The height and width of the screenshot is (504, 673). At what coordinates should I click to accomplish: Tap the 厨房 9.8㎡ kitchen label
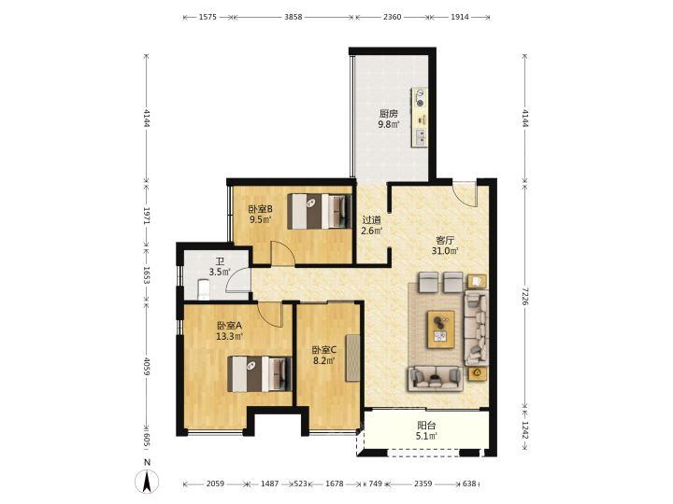[389, 119]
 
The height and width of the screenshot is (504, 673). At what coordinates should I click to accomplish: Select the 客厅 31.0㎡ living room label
[445, 245]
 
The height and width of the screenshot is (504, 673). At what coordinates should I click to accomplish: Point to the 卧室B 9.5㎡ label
[261, 215]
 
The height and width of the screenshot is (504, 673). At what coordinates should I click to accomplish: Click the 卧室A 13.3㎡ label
[230, 330]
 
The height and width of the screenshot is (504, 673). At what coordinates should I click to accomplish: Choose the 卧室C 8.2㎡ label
[324, 356]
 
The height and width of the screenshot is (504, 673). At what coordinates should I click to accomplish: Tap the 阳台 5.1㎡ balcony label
[426, 431]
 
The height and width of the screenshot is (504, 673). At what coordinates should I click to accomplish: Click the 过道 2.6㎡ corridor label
[372, 226]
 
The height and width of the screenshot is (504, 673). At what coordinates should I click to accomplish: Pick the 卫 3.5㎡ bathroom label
[220, 267]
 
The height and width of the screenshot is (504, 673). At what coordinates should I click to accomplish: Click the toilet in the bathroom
[204, 289]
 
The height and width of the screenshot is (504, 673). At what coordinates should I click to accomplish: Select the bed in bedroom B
[320, 211]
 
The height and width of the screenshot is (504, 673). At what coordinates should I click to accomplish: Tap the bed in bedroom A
[260, 373]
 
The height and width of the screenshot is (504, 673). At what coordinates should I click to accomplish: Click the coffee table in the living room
[441, 329]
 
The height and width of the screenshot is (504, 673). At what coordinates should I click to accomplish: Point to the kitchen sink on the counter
[421, 136]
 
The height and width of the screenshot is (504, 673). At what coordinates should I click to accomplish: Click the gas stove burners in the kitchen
[420, 99]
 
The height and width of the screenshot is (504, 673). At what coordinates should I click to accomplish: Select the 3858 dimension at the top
[294, 17]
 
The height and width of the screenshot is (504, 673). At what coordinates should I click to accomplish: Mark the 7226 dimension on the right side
[525, 296]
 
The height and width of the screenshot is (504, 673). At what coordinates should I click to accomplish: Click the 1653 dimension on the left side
[147, 275]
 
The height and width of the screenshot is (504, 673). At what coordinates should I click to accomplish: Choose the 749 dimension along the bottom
[375, 483]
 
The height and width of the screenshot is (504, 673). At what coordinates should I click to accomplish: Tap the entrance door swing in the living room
[465, 195]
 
